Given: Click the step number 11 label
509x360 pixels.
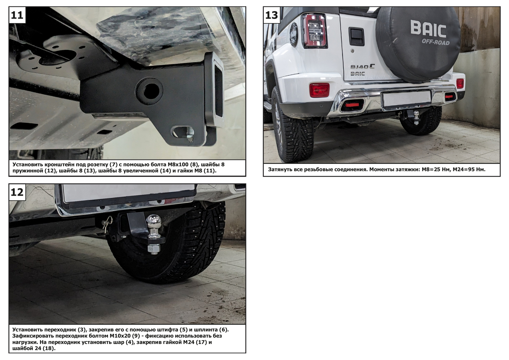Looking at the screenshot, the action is point(17,15).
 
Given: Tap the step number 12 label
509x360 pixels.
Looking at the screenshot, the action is point(17,192).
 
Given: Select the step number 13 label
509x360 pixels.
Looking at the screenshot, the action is point(271,15).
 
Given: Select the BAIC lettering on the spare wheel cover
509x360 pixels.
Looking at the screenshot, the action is point(428,29).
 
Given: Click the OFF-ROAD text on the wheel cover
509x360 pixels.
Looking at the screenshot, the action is point(436,42).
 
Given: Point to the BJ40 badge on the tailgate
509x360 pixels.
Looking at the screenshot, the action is point(362,67).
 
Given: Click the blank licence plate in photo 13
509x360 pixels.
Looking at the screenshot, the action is point(407,98).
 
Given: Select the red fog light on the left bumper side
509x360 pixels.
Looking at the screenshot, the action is point(319,90).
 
